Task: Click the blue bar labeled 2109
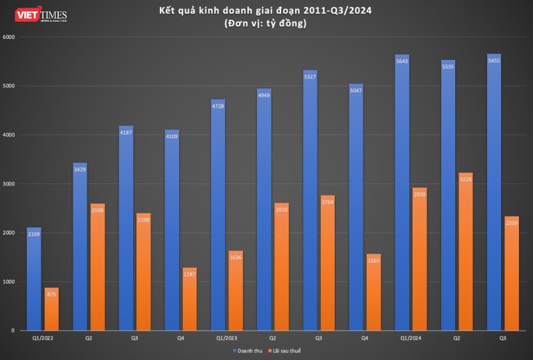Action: pyautogui.click(x=34, y=280)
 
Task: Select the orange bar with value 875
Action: pyautogui.click(x=51, y=309)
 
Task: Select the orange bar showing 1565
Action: pyautogui.click(x=373, y=293)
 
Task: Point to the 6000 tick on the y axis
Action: pyautogui.click(x=9, y=37)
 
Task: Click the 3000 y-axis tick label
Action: pyautogui.click(x=9, y=184)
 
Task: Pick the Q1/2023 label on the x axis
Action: pyautogui.click(x=227, y=338)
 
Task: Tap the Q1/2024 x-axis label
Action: pyautogui.click(x=410, y=338)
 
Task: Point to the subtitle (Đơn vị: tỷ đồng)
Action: pyautogui.click(x=266, y=24)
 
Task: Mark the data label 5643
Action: pyautogui.click(x=402, y=62)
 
